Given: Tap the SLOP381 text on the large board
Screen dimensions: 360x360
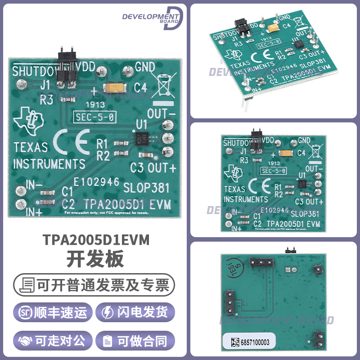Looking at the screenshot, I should [x=145, y=186].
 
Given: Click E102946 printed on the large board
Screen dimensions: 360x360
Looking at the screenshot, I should [x=96, y=182].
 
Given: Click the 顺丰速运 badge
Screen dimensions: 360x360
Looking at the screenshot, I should [x=53, y=313].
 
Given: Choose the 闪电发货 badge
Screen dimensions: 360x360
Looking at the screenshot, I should [x=137, y=313].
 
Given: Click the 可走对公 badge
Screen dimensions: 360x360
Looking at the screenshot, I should [x=53, y=341].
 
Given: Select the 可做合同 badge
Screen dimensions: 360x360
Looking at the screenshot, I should [x=137, y=341].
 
